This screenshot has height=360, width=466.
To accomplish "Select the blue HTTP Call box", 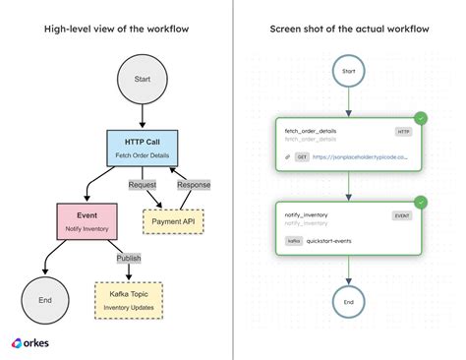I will pos(143,148).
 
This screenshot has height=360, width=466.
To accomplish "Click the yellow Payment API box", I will pos(171,220).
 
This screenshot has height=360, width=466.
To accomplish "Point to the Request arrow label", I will pos(141,184).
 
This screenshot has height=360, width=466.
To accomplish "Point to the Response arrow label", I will pos(194,184).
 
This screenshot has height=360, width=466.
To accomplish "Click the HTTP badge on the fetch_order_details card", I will pos(403,131).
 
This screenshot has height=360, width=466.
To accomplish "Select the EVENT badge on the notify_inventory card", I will pos(402,213).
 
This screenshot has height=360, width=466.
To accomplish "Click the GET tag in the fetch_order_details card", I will pos(303,156).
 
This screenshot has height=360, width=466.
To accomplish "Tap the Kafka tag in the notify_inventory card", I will pos(293,239).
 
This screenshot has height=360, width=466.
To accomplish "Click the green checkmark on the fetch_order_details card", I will pos(421,118).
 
